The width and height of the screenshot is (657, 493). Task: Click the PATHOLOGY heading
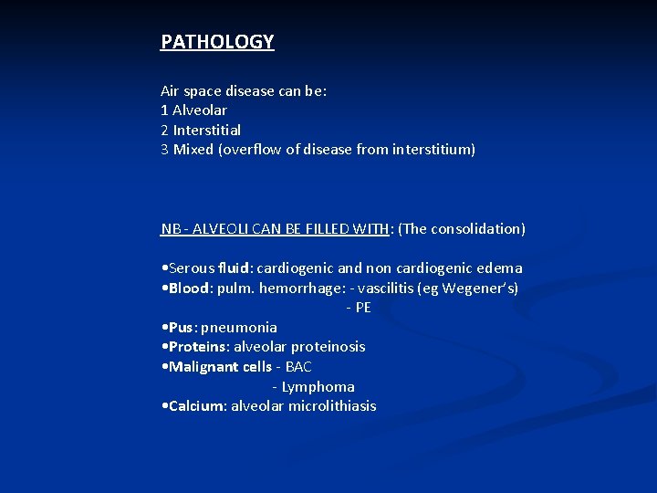coord(217,42)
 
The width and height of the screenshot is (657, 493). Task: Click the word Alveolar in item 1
coord(200,110)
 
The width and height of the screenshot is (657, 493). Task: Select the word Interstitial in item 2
coord(206,130)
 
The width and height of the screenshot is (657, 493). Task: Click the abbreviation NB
coord(169,229)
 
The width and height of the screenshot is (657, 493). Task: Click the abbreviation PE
coord(362,308)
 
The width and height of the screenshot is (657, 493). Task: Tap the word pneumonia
coord(239,327)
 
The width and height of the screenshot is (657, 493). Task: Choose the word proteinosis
coord(328,347)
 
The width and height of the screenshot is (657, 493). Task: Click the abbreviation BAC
coord(298,367)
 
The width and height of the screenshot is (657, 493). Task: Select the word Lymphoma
coord(318,387)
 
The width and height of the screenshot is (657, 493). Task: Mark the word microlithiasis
coord(332,406)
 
